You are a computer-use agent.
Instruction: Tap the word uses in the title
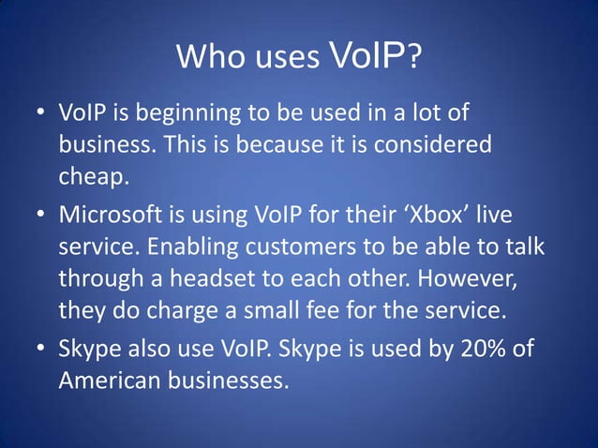point(287,59)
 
